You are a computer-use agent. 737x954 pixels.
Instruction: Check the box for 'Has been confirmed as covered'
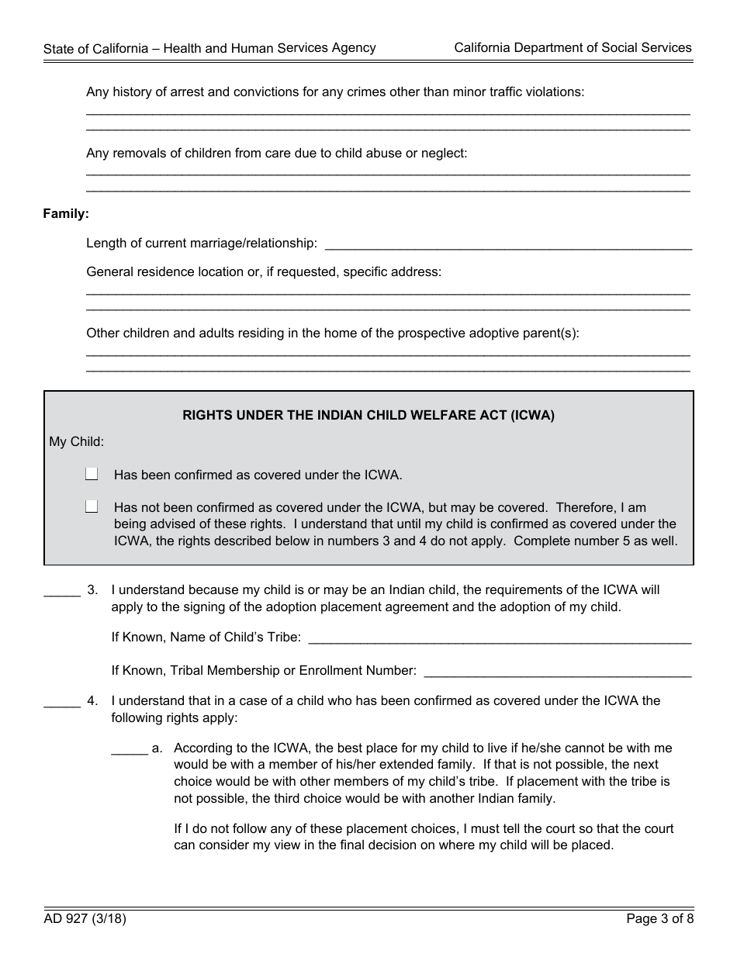(x=92, y=474)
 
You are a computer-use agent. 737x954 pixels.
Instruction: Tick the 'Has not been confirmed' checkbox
(x=92, y=506)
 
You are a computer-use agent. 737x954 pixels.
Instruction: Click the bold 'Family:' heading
(x=66, y=213)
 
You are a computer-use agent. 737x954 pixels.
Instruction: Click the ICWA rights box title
(x=368, y=415)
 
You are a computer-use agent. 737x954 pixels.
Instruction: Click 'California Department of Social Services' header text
(x=573, y=48)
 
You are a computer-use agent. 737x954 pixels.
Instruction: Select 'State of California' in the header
(x=95, y=48)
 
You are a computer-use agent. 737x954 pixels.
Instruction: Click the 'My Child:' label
(x=77, y=442)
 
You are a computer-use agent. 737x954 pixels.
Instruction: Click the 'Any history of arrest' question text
(x=335, y=92)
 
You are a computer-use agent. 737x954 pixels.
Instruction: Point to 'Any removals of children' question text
(x=277, y=154)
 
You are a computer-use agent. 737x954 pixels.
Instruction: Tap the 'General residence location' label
(x=264, y=272)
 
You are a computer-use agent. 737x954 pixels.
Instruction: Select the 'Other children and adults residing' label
(x=333, y=334)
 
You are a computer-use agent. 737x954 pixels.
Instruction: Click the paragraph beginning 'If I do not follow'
(x=424, y=837)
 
